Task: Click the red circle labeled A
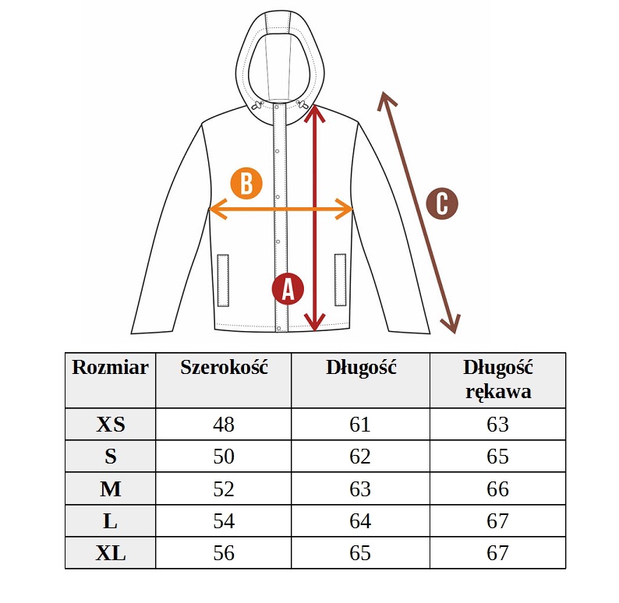click(288, 289)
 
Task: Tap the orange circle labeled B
click(246, 183)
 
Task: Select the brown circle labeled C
click(442, 203)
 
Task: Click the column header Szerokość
click(224, 367)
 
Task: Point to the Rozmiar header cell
click(110, 367)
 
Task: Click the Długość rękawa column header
click(498, 379)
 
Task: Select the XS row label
click(111, 425)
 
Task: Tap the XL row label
click(111, 553)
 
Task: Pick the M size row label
click(111, 489)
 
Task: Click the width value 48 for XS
click(224, 425)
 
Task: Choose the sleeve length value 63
click(498, 425)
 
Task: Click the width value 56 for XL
click(224, 553)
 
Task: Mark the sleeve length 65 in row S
click(498, 457)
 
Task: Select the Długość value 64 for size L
click(360, 521)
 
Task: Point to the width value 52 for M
click(224, 489)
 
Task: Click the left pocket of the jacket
click(223, 280)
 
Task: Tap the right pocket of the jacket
click(340, 280)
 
